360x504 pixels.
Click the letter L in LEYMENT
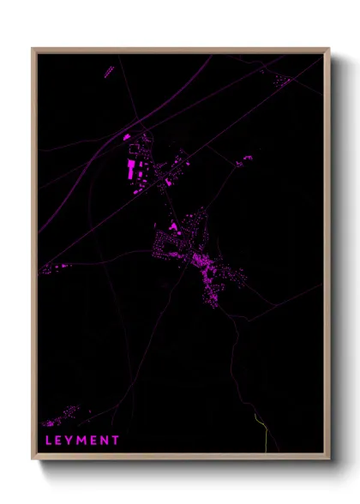pyautogui.click(x=48, y=440)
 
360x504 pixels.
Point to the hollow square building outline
pyautogui.click(x=132, y=149)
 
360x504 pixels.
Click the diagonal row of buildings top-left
pyautogui.click(x=109, y=71)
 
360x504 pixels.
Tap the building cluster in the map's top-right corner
pyautogui.click(x=282, y=81)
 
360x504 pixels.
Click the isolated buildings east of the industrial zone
pyautogui.click(x=244, y=159)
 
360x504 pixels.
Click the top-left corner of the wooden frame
pyautogui.click(x=33, y=50)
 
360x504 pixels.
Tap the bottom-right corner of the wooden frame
pyautogui.click(x=328, y=459)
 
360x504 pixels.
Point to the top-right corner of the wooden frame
pyautogui.click(x=328, y=50)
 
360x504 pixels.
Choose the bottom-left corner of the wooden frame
pyautogui.click(x=33, y=459)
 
